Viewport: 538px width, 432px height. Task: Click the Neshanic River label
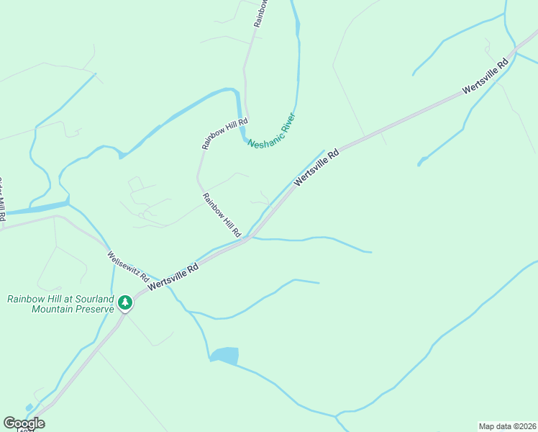click(272, 131)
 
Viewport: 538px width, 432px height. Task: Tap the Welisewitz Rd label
click(128, 266)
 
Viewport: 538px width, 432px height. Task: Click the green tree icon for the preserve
click(126, 302)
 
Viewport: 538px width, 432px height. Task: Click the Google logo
click(24, 423)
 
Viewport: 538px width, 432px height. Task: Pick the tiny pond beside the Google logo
click(28, 408)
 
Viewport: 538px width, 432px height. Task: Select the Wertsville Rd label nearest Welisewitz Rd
click(173, 276)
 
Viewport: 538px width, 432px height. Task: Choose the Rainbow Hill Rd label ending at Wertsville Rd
click(221, 215)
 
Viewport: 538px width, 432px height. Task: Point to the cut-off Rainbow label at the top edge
click(261, 13)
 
